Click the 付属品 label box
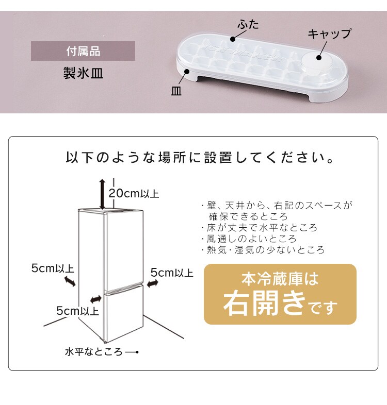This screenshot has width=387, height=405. (83, 51)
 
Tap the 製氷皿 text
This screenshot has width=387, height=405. (83, 73)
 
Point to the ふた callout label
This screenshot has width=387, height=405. (248, 25)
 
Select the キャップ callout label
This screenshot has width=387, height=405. (329, 33)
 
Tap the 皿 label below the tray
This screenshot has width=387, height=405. (176, 91)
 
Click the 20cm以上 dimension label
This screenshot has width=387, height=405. (134, 193)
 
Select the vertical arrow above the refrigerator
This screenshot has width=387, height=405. (103, 194)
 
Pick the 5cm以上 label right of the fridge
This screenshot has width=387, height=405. (172, 273)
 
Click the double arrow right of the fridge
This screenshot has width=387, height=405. (152, 283)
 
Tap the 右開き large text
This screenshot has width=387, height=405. (264, 302)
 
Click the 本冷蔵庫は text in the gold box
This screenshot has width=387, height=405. (280, 278)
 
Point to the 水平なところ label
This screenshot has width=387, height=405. (93, 352)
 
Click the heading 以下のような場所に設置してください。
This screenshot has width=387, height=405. (200, 158)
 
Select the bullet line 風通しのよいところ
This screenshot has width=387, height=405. (249, 239)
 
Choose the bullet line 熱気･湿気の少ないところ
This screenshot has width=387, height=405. (263, 250)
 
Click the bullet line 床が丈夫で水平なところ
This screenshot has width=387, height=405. (259, 228)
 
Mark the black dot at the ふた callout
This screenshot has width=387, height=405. (233, 39)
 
